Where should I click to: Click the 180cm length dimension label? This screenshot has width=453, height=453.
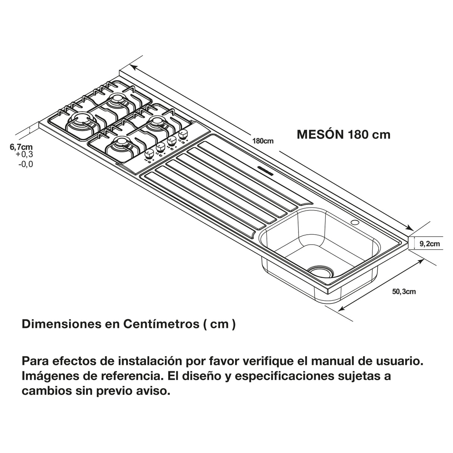pos(263,141)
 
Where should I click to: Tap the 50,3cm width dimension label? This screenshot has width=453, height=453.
pos(404,291)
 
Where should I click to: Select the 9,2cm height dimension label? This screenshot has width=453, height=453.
pos(429,244)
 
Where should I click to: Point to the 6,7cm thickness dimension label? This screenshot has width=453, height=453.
pos(21,147)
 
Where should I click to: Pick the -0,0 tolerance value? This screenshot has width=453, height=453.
pos(25,164)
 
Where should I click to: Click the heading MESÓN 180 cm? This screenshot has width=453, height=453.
pos(343,134)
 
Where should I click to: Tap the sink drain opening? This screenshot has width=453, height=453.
pos(320,271)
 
